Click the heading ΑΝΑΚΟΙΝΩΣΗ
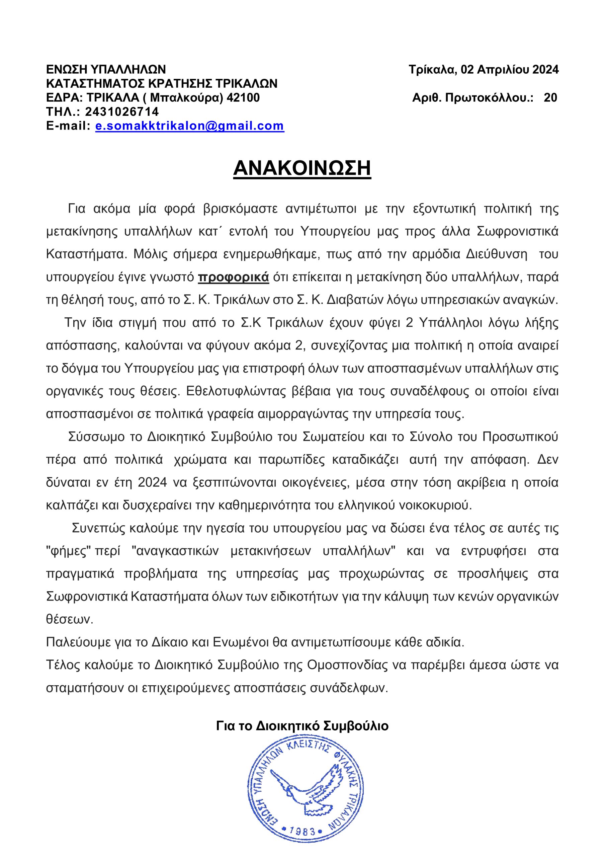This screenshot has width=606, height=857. tap(302, 168)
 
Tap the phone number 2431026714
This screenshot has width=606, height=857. tap(122, 111)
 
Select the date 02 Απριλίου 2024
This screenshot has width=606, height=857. tap(510, 70)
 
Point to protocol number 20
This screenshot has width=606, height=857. tap(550, 98)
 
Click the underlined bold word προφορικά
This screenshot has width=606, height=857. tap(233, 277)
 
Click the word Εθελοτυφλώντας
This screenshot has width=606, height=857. tap(230, 392)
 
